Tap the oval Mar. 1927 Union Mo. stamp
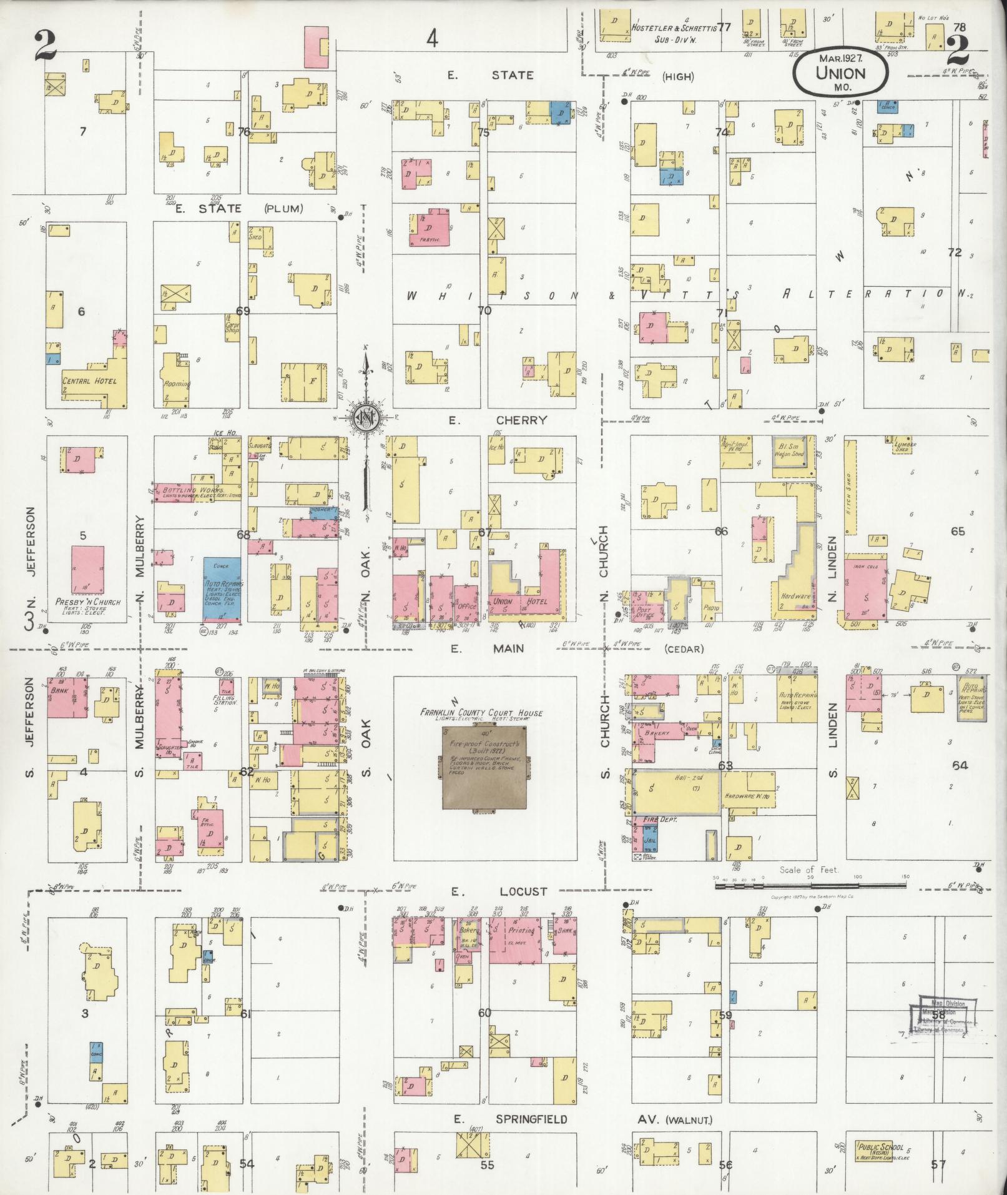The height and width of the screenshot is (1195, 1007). tap(840, 72)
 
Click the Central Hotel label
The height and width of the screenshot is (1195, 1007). tap(89, 380)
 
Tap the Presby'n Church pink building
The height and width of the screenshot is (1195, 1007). tap(87, 569)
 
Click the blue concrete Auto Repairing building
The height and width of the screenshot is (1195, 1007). tap(222, 590)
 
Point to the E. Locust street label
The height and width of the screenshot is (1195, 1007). tap(506, 891)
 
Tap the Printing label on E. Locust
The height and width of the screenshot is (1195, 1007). tap(520, 929)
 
